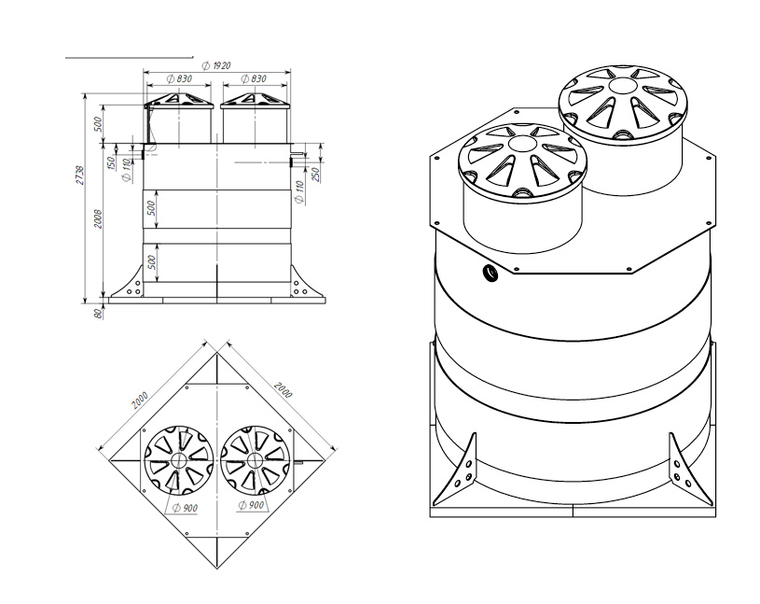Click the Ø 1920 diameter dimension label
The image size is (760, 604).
pyautogui.click(x=216, y=65)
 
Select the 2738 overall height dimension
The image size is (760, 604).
pyautogui.click(x=80, y=176)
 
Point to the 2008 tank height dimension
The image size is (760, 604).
pyautogui.click(x=99, y=219)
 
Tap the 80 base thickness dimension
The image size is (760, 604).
pyautogui.click(x=99, y=314)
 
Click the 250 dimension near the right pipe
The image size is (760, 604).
pyautogui.click(x=315, y=174)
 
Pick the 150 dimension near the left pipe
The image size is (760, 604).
pyautogui.click(x=111, y=163)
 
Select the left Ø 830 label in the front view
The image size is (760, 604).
pyautogui.click(x=179, y=78)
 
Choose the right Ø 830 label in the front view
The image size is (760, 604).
pyautogui.click(x=254, y=78)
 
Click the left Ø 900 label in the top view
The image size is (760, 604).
pyautogui.click(x=186, y=508)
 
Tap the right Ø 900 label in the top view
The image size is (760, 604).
pyautogui.click(x=251, y=505)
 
